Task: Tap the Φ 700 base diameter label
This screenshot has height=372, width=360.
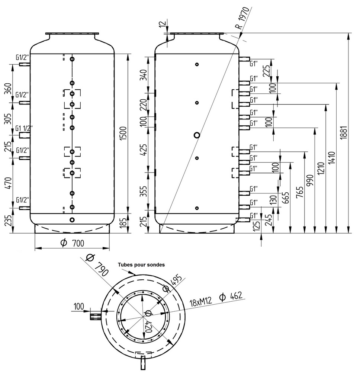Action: (x=73, y=243)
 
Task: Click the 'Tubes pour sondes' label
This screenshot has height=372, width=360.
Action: (x=141, y=264)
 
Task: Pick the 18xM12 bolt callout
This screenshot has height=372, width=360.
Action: (x=201, y=302)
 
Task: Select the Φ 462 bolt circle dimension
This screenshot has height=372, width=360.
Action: (x=231, y=296)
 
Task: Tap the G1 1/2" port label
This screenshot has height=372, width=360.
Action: (x=24, y=128)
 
